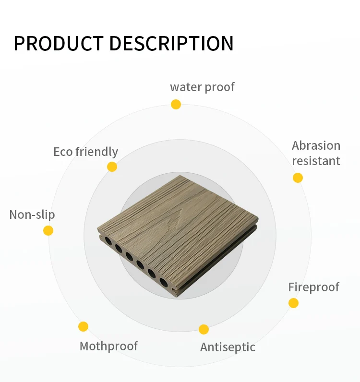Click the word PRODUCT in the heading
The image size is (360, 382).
(x=59, y=43)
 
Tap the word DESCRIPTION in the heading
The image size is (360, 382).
(x=171, y=43)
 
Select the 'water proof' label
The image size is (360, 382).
(x=202, y=87)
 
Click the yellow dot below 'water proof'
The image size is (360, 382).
(x=176, y=104)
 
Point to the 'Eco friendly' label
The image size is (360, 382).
(x=85, y=152)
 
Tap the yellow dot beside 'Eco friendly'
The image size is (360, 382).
(x=112, y=167)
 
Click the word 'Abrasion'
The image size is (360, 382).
(x=316, y=146)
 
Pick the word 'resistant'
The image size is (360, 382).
(x=316, y=161)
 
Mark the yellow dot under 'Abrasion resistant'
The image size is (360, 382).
(x=298, y=178)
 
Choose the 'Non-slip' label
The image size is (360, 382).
(x=32, y=215)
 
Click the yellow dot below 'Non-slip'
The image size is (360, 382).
(x=48, y=230)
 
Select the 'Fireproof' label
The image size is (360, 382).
(x=313, y=287)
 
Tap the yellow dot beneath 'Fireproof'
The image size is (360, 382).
(x=293, y=303)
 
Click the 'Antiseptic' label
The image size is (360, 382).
(x=228, y=347)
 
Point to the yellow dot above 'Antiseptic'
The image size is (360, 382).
(x=204, y=329)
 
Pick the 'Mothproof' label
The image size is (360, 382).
(x=108, y=346)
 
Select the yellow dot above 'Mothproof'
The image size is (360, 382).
(x=83, y=326)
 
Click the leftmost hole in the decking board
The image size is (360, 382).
(x=108, y=241)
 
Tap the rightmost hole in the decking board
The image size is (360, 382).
(x=163, y=282)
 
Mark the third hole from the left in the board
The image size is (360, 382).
(x=129, y=257)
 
